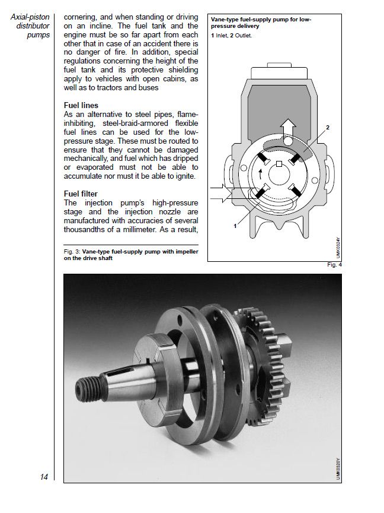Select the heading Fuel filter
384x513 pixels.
click(82, 194)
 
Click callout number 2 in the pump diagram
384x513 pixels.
click(327, 128)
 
